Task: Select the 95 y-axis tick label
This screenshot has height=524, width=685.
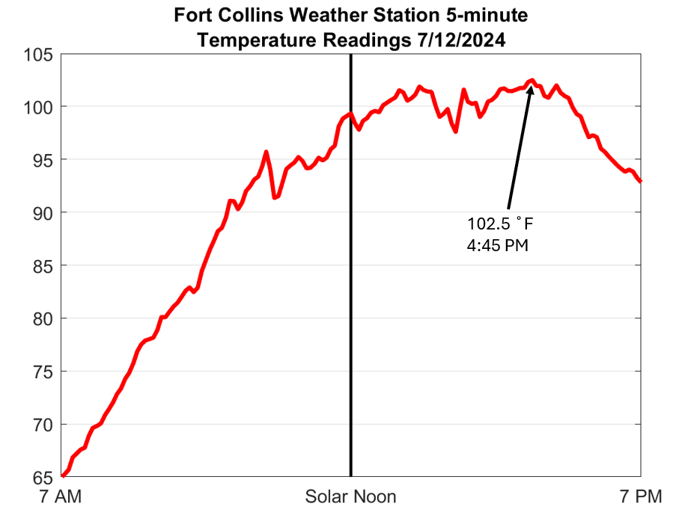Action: coord(43,160)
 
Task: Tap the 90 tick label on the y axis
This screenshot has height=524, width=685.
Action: coord(43,213)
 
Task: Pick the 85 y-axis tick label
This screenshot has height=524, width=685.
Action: coord(43,265)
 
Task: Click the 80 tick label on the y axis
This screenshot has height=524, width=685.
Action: coord(43,318)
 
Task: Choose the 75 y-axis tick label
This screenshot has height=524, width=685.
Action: coord(43,372)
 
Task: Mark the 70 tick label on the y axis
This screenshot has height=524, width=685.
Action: coord(43,425)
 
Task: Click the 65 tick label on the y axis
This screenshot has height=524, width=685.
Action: coord(43,477)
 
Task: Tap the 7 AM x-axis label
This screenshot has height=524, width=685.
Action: coord(61,496)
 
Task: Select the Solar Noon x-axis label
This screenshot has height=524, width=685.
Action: coord(350,496)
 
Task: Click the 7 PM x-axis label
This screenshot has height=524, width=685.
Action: coord(641,496)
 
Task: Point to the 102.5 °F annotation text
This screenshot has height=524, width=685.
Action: coord(500,224)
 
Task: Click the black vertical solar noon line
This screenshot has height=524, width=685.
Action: coord(350,299)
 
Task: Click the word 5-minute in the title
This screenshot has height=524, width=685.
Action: coord(490,15)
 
